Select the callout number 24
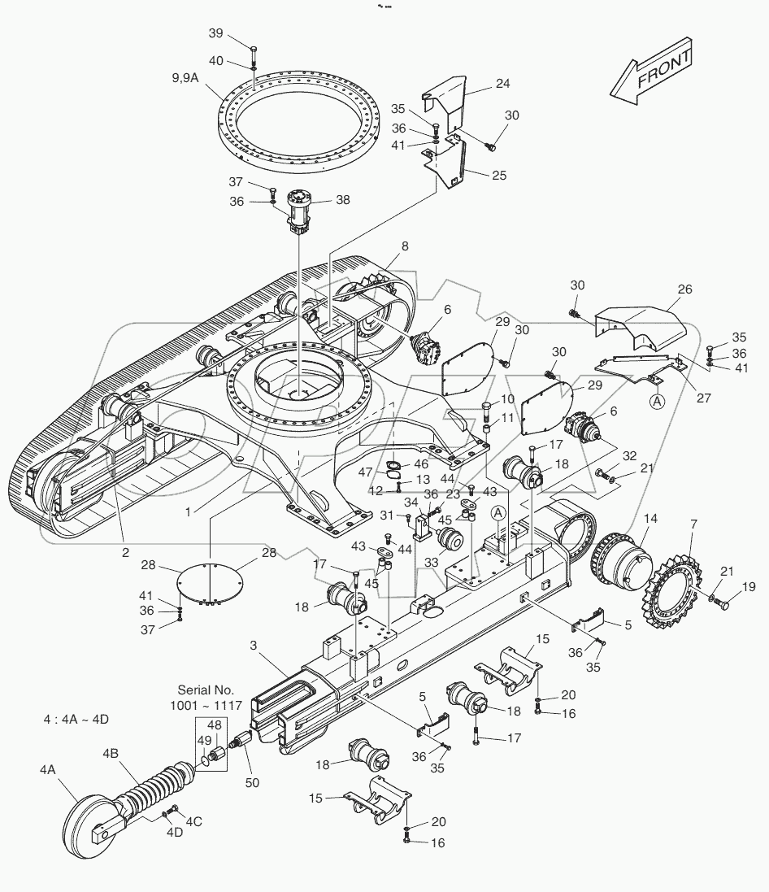click(502, 83)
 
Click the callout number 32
click(629, 456)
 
